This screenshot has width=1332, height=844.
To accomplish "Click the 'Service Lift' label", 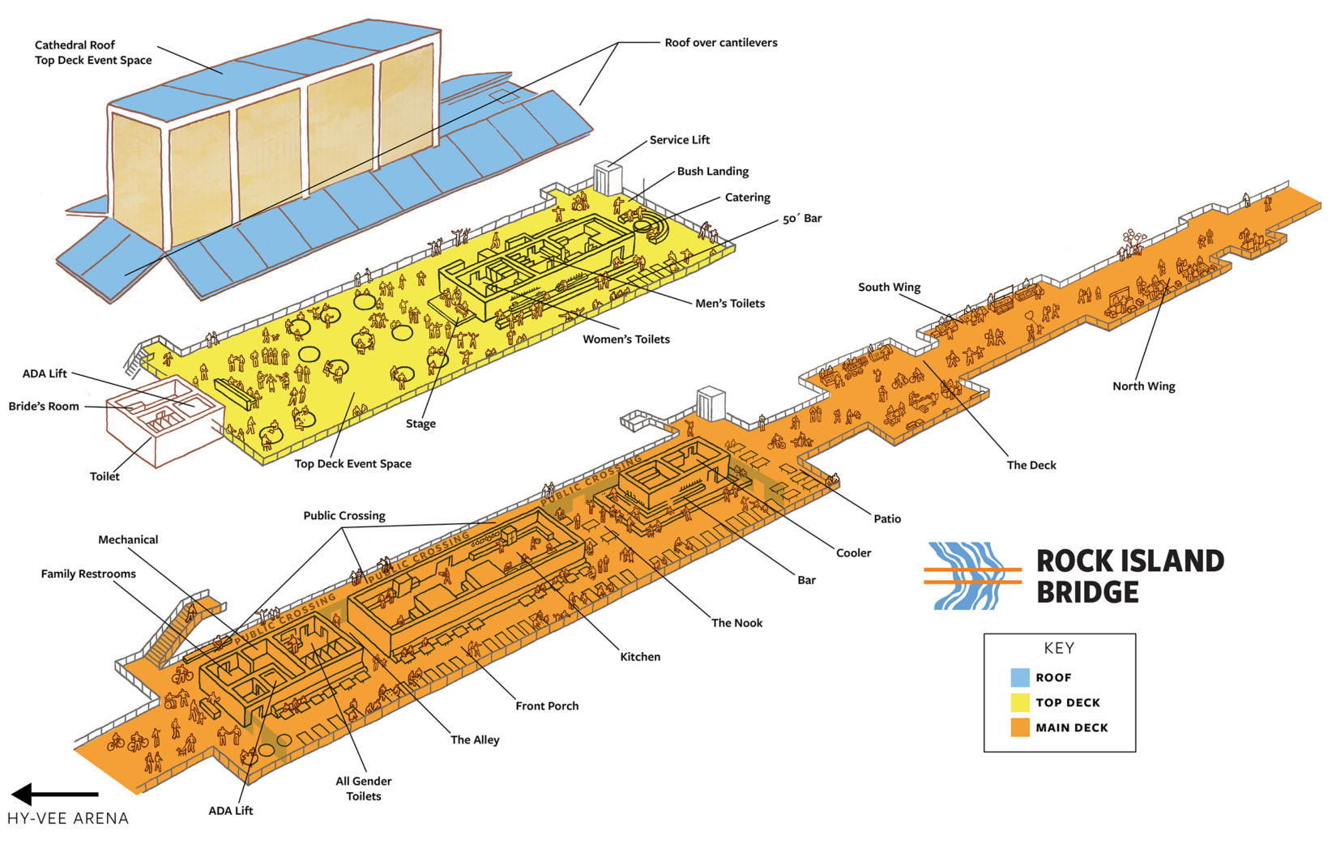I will tap(679, 140).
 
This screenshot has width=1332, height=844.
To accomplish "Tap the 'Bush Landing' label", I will tap(712, 172).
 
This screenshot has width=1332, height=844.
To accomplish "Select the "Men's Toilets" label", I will tap(729, 304).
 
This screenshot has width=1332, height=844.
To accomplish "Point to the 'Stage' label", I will tap(421, 424).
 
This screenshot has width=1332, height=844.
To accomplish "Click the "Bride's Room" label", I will tap(44, 407).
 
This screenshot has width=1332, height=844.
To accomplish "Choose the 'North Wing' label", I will tap(1143, 386).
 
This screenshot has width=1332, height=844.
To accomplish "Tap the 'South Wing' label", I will tap(889, 288).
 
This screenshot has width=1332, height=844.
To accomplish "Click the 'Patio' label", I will tap(887, 519).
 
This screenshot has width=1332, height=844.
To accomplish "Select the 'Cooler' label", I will tap(853, 553).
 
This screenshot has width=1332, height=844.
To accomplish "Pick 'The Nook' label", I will tap(736, 623).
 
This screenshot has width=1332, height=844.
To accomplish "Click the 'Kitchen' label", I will tap(640, 657).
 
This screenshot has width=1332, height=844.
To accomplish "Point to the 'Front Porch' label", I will tap(547, 706).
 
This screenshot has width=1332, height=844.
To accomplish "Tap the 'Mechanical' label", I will tap(128, 540).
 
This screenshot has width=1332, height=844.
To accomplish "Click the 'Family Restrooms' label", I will tap(88, 574).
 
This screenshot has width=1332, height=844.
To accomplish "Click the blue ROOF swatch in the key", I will tap(1020, 677).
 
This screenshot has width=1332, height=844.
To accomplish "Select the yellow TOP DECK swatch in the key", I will tap(1020, 702).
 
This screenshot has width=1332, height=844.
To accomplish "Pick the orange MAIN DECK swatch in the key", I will tap(1020, 727).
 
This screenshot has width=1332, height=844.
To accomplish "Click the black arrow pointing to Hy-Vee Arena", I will tap(53, 795).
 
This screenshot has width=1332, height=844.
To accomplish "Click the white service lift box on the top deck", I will tap(607, 178).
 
